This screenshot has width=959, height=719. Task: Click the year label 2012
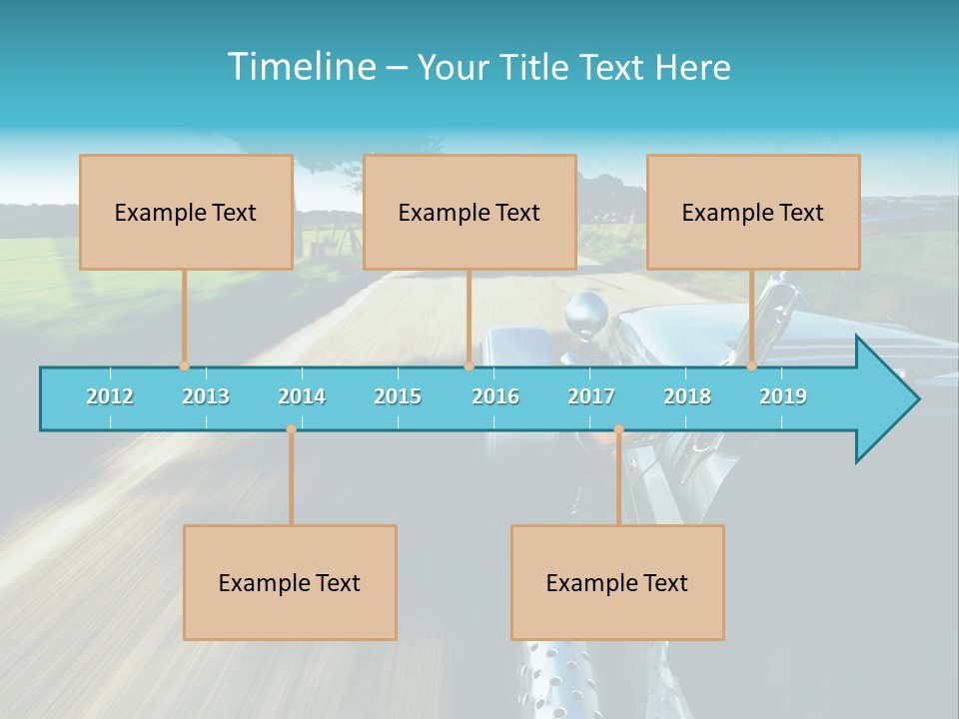[x=110, y=396]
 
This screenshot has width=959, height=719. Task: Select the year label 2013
[x=206, y=396]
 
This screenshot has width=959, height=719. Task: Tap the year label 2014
[x=302, y=396]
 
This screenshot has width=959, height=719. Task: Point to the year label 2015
[x=398, y=396]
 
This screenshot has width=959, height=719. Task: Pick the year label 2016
[x=495, y=396]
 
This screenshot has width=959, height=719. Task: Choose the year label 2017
[x=591, y=396]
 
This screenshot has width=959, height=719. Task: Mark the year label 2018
[x=687, y=396]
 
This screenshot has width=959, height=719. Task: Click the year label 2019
[x=783, y=396]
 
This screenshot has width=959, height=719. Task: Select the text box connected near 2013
[x=186, y=212]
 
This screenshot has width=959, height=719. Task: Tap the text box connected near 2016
[x=470, y=212]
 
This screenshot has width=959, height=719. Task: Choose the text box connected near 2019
[x=753, y=212]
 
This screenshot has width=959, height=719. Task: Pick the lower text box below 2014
[x=290, y=582]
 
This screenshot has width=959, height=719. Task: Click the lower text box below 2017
[x=617, y=582]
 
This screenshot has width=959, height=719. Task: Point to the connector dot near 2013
[x=184, y=365]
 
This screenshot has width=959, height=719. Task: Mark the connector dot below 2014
[x=291, y=429]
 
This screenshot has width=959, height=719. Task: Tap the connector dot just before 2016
[x=469, y=365]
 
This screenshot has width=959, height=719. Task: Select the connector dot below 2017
[x=618, y=429]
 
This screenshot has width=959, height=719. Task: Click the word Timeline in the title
[x=300, y=67]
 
